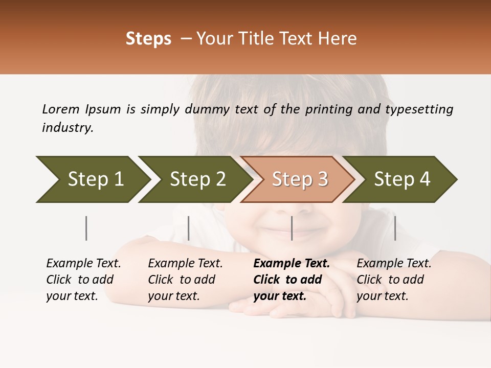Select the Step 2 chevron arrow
197,179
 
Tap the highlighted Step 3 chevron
300,179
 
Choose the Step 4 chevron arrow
402,179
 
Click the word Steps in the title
148,39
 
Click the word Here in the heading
338,39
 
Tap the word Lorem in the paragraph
61,109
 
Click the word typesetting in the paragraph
419,109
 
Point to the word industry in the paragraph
68,127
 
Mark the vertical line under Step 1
86,228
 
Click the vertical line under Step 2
189,228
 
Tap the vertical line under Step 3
292,228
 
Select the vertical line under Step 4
395,228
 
